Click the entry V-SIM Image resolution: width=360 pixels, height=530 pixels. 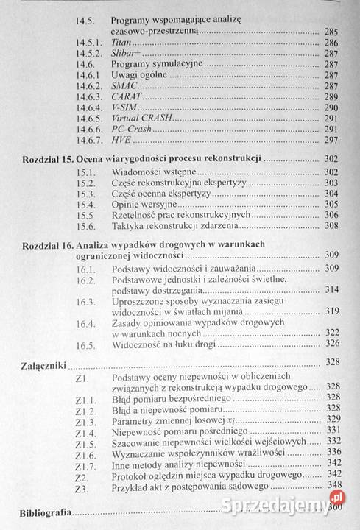click(124, 107)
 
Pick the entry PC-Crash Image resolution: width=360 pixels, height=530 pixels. click(130, 129)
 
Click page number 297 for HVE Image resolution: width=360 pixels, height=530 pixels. click(331, 140)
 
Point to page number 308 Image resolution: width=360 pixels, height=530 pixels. click(331, 225)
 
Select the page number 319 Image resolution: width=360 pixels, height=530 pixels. click(331, 311)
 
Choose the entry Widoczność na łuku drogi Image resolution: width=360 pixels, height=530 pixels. click(169, 344)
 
